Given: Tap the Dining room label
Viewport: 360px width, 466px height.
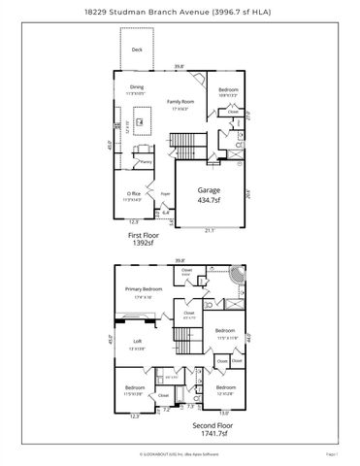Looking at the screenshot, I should (x=137, y=87).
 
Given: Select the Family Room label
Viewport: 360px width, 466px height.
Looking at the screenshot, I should (x=180, y=101).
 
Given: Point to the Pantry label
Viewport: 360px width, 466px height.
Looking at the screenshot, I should (x=145, y=161).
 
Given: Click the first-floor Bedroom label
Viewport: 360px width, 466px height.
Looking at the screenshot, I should (x=228, y=89).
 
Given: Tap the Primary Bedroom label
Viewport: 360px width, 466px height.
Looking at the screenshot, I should (x=143, y=288).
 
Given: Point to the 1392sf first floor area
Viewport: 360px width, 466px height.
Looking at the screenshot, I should (x=143, y=243).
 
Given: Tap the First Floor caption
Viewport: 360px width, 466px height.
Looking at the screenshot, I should (x=143, y=234).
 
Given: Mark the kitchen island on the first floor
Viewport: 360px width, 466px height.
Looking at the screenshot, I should (x=142, y=123).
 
